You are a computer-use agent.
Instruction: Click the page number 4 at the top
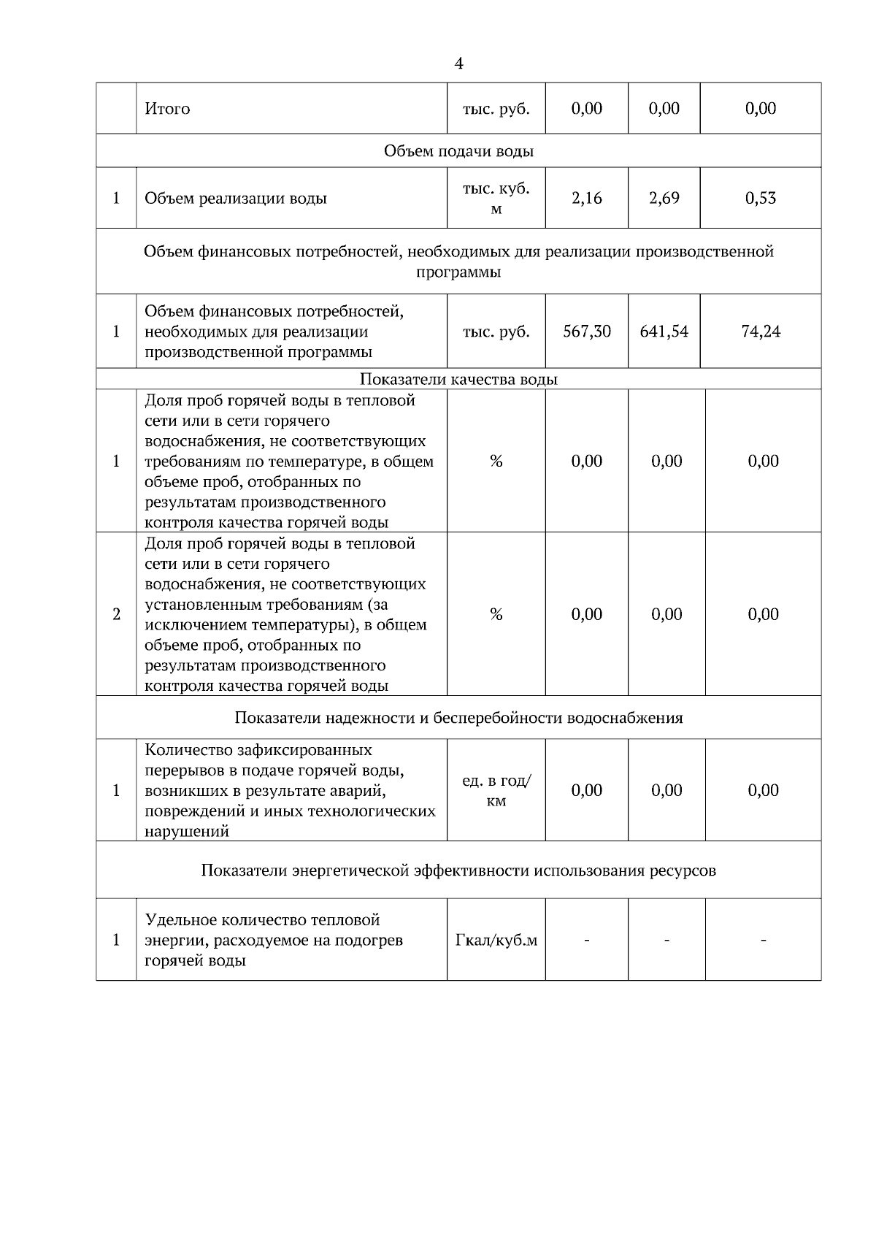[x=458, y=64]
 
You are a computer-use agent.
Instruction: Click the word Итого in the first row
[x=167, y=109]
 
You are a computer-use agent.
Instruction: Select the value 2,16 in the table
[x=586, y=198]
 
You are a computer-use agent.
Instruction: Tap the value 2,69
[x=664, y=198]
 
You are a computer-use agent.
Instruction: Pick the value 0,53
[x=761, y=198]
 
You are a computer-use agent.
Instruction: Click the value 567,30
[x=586, y=332]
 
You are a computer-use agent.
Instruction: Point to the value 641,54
[x=664, y=332]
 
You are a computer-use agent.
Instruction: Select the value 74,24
[x=761, y=332]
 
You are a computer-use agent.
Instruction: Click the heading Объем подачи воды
[x=458, y=151]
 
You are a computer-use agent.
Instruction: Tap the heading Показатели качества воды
[x=458, y=380]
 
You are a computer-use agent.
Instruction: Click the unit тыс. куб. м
[x=496, y=198]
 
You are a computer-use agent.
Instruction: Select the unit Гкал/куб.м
[x=496, y=941]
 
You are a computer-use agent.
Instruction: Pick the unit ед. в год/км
[x=496, y=791]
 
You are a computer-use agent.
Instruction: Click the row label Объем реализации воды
[x=236, y=199]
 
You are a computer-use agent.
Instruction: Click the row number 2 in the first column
[x=116, y=614]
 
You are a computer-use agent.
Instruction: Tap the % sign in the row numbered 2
[x=496, y=614]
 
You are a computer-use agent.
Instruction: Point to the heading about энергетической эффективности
[x=458, y=870]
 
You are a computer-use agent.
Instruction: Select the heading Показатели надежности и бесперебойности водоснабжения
[x=458, y=718]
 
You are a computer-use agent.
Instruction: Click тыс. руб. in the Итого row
[x=496, y=109]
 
